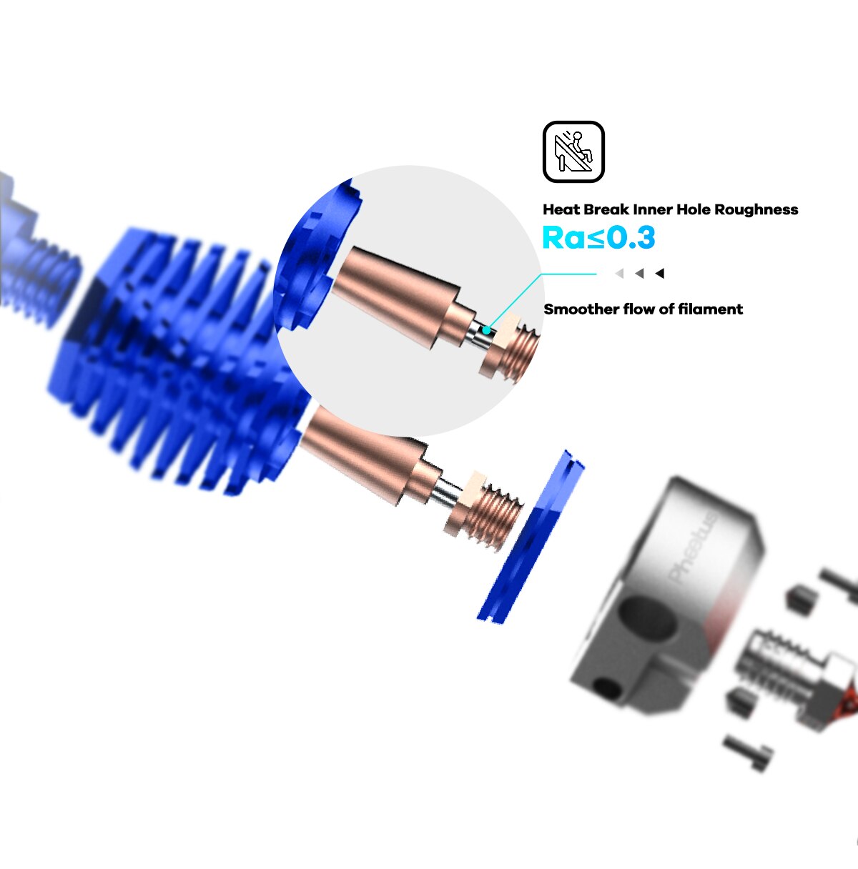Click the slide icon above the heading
coord(573,152)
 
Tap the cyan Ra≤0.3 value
coord(598,238)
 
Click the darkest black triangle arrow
coord(660,273)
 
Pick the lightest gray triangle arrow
coord(619,273)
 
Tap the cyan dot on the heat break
coord(487,329)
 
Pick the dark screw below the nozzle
coord(748,752)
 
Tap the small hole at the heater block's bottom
coord(608,689)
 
